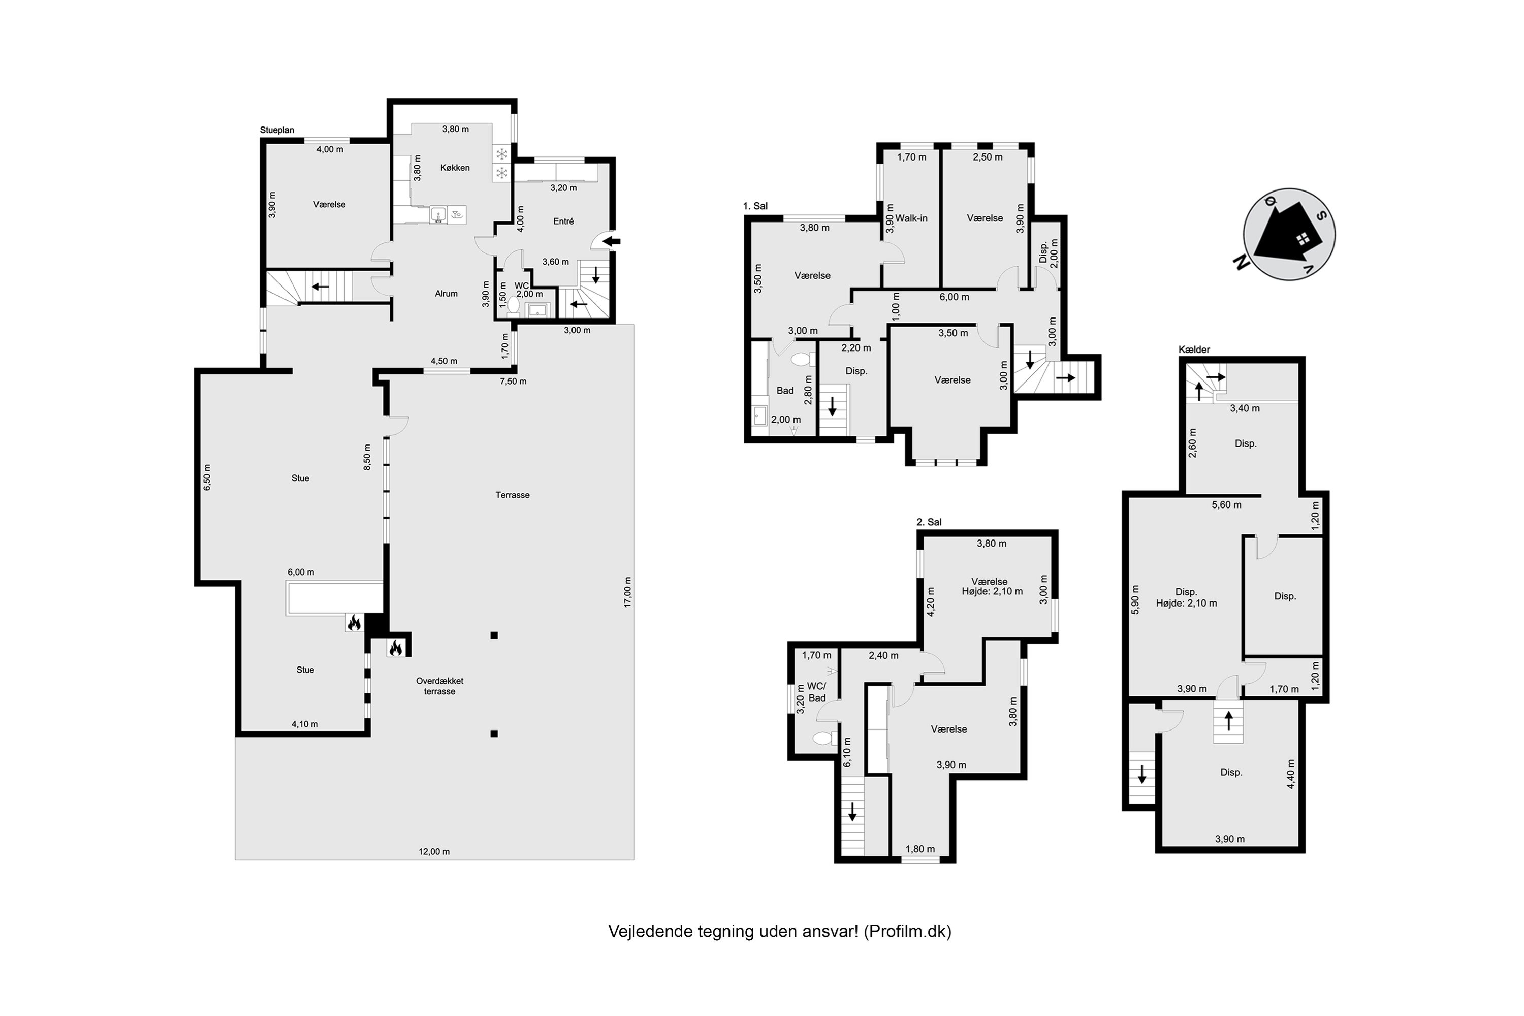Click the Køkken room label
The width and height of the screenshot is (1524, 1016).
coord(455,168)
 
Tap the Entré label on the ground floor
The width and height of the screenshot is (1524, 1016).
coord(563,221)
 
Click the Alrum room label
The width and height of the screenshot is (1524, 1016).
coord(446,294)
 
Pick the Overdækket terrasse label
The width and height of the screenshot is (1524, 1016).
coord(439,686)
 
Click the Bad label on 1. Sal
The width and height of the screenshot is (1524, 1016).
coord(785,391)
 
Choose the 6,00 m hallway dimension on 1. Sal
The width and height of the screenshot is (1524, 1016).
coord(954,297)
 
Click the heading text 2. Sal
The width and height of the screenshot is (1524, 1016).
coord(929,522)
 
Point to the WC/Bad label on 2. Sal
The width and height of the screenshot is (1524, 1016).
coord(816,692)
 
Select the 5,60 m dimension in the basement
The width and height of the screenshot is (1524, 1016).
coord(1226,505)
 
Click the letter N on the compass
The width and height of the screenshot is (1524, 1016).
coord(1240,263)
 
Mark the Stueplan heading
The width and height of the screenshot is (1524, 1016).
coord(277,130)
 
